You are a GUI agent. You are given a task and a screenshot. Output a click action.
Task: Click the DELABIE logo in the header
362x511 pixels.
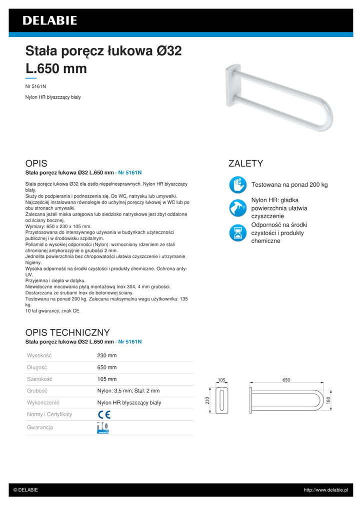(49, 20)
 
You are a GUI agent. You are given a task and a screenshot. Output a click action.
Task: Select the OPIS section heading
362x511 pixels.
(36, 164)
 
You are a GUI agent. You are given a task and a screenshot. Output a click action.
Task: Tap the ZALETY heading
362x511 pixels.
(245, 164)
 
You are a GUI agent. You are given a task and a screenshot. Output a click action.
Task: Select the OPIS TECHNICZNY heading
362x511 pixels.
(67, 332)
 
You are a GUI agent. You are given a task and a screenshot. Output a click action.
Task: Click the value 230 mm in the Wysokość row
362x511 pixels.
(106, 355)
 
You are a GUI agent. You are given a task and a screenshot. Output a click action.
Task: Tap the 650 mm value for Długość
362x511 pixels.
(106, 367)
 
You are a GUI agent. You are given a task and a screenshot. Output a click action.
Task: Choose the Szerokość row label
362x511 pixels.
(39, 379)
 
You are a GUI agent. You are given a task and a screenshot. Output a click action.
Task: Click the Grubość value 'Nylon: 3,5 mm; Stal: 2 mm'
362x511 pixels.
(128, 391)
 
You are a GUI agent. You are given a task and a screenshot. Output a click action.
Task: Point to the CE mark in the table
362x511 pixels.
(104, 414)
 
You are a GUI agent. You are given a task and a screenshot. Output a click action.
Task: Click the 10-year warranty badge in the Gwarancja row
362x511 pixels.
(102, 428)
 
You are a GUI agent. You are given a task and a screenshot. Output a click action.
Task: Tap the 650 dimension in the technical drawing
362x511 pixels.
(286, 380)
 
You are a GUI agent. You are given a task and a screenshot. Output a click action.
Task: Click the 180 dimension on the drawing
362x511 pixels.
(328, 401)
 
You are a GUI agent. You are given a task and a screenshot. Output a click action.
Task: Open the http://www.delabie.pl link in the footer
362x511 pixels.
(325, 490)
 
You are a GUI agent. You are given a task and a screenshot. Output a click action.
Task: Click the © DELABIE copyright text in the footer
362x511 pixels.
(25, 490)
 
